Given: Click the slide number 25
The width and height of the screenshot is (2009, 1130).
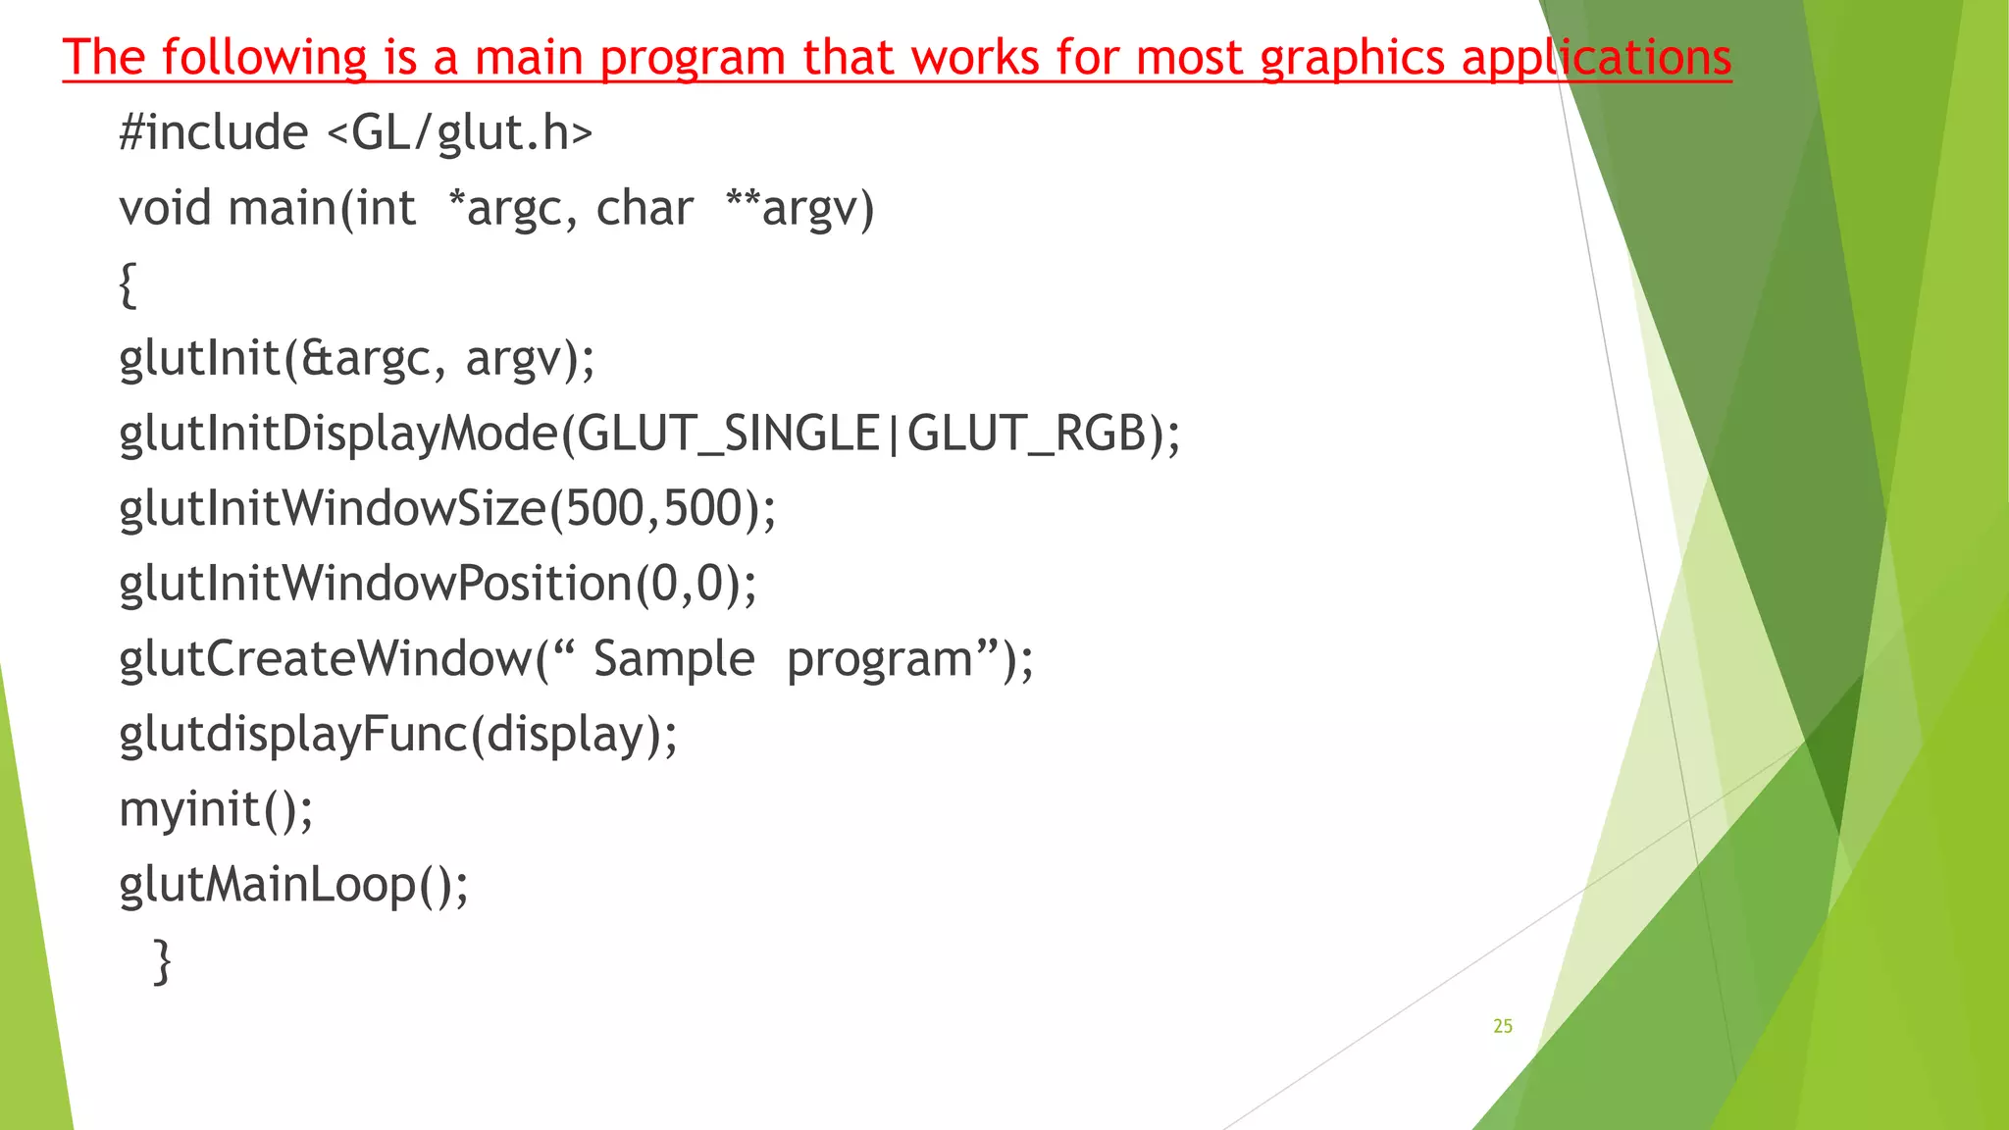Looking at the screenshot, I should [1503, 1026].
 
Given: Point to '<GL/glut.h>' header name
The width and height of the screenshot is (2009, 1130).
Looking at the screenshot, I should [459, 132].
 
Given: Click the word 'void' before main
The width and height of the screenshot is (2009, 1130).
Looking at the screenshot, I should [165, 208].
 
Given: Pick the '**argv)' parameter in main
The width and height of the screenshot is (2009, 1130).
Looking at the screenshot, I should [799, 208].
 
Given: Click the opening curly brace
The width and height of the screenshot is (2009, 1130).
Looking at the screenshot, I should [128, 284].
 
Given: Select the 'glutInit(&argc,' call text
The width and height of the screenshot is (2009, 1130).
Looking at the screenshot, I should [276, 359].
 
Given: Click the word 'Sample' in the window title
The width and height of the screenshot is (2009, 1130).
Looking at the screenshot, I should [674, 658].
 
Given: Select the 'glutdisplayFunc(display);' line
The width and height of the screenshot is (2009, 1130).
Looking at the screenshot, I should [398, 734].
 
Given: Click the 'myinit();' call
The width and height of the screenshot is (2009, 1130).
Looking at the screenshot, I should [216, 810].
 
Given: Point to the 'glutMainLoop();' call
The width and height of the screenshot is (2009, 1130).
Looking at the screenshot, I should [294, 885].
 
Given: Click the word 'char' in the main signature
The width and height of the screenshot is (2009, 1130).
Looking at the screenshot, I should [644, 208].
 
